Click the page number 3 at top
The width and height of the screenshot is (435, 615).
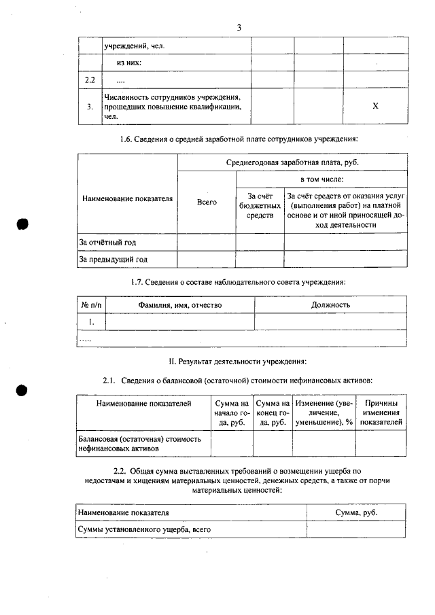[x=239, y=27]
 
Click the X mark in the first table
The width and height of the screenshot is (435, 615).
[x=375, y=107]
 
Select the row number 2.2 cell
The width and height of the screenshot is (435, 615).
[x=89, y=81]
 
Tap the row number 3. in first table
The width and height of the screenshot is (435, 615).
[x=90, y=107]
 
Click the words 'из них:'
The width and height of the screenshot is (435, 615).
[x=129, y=63]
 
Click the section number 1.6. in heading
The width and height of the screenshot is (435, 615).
[x=129, y=139]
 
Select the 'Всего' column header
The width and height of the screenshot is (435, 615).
[x=207, y=202]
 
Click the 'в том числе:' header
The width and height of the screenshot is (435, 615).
[x=321, y=180]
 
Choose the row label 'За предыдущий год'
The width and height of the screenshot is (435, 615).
[x=114, y=259]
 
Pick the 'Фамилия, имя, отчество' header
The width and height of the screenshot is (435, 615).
[x=180, y=305]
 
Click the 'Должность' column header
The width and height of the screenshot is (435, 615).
[x=330, y=305]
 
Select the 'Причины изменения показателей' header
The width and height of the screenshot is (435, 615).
[x=381, y=412]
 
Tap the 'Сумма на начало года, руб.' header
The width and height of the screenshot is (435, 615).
[x=232, y=412]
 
